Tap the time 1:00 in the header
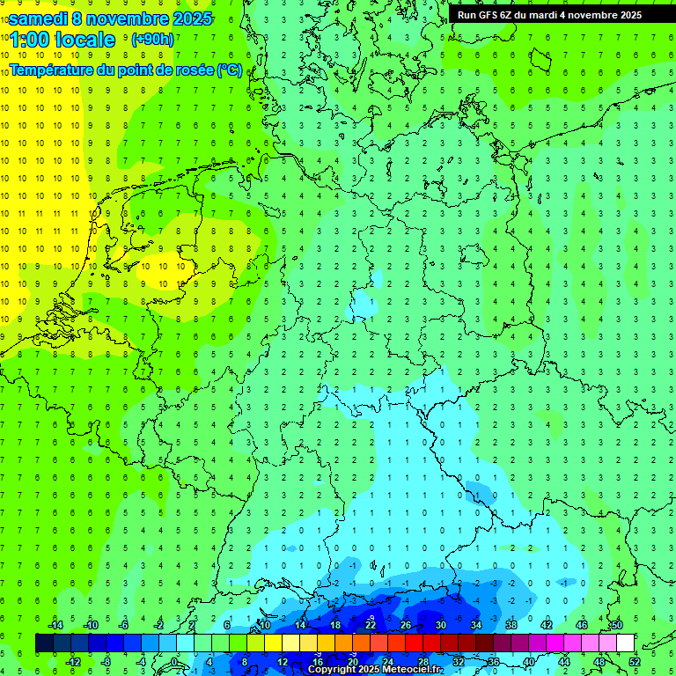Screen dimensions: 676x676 tap(28, 40)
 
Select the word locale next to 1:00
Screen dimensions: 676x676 tap(84, 40)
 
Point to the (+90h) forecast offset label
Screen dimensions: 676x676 tap(151, 40)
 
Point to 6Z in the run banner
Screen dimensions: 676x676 tap(507, 15)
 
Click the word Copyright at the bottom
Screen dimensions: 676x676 tap(332, 670)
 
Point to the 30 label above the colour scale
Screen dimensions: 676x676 tap(440, 625)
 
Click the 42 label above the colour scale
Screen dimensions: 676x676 tap(546, 625)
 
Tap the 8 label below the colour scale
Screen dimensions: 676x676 tap(245, 662)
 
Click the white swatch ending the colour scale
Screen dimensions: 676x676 tap(625, 643)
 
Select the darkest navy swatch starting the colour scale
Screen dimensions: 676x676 tap(44, 643)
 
